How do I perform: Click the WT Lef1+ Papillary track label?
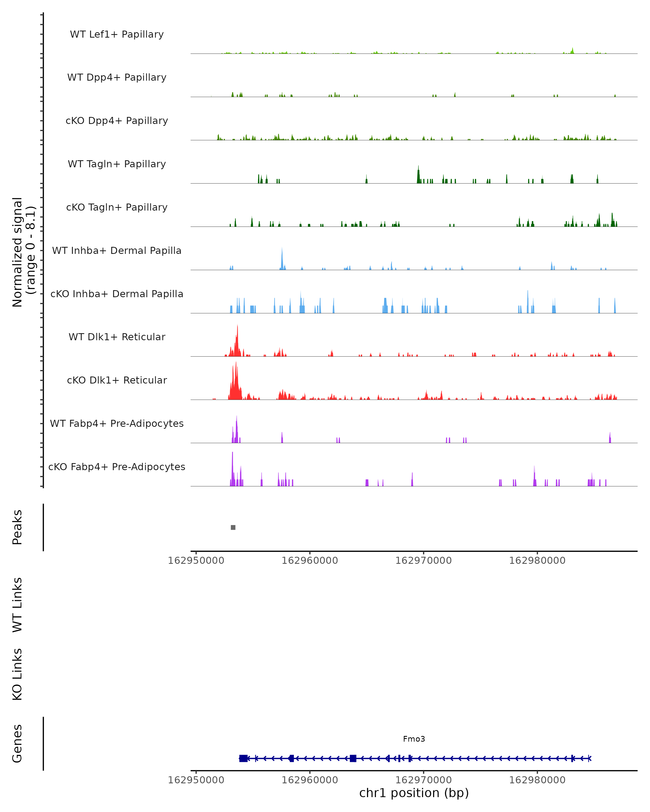point(117,34)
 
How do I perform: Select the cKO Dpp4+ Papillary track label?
point(117,121)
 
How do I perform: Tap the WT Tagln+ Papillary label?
point(117,164)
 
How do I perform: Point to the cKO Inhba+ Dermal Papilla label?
point(117,294)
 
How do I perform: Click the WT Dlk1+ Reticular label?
point(117,337)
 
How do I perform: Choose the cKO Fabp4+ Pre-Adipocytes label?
point(117,467)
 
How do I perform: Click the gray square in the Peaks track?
point(233,528)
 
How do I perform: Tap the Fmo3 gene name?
point(414,739)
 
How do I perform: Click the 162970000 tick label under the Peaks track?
point(424,561)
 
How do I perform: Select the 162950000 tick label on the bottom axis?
point(196,780)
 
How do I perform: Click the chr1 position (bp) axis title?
point(414,793)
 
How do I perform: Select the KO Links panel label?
point(17,675)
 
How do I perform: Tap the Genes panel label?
point(17,744)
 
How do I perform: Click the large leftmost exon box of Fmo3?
point(243,758)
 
